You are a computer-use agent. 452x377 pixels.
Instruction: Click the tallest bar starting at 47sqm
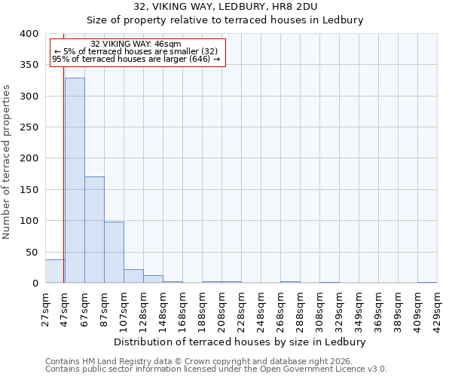(75, 180)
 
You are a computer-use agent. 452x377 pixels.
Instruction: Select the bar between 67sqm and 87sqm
(94, 230)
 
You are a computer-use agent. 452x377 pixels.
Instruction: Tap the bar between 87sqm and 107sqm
(114, 253)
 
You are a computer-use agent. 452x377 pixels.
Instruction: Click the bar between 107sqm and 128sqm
(133, 276)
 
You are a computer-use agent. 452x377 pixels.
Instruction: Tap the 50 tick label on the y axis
(32, 252)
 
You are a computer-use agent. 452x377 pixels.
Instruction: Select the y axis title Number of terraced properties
(7, 161)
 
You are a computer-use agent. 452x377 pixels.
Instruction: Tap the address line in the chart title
(235, 6)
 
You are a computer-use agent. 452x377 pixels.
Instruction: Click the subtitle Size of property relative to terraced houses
(235, 20)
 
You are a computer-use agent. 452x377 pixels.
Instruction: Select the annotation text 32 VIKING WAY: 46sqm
(136, 44)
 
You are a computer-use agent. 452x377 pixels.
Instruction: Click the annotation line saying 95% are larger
(136, 60)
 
